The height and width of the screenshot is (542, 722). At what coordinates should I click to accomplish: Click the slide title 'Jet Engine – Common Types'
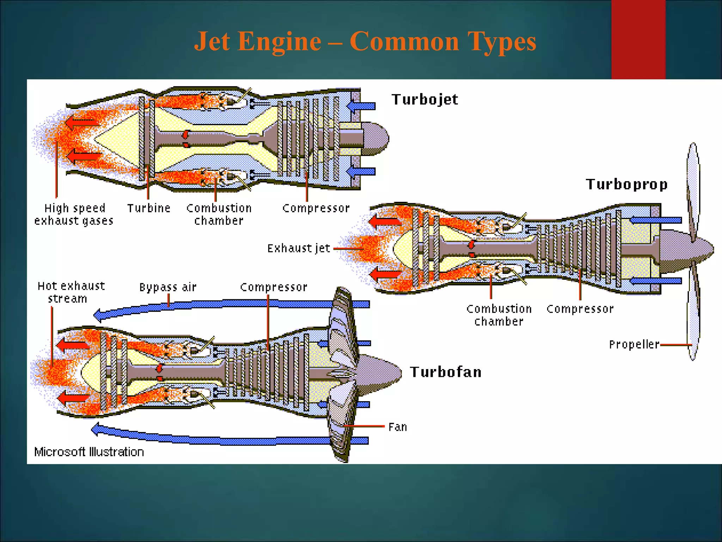tap(365, 42)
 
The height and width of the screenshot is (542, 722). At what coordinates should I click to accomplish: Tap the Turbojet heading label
tap(424, 100)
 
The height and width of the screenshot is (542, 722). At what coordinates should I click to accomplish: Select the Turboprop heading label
tap(626, 184)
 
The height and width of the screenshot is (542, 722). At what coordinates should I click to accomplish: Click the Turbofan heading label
tap(446, 372)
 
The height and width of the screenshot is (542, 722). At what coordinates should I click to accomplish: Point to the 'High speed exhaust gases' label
tap(74, 214)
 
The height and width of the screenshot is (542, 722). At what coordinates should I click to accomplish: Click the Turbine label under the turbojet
tap(149, 208)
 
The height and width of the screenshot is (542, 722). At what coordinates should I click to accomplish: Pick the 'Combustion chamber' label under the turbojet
tap(219, 214)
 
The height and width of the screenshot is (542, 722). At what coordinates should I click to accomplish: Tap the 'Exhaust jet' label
tap(299, 248)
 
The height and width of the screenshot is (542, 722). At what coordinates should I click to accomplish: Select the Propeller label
tap(634, 344)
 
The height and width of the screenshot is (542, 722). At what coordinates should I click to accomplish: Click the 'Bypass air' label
tap(168, 287)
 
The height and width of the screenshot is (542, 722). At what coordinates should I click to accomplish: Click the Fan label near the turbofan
tap(397, 427)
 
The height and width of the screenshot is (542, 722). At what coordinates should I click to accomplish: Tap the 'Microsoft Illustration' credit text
tap(89, 452)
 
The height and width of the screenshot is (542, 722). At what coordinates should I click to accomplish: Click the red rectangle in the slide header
tap(638, 39)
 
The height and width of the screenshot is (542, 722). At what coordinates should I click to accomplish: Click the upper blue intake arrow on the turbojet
tap(361, 106)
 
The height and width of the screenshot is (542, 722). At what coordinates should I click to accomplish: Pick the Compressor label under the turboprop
tap(580, 309)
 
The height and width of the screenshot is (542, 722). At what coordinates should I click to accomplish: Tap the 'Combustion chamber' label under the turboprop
tap(499, 315)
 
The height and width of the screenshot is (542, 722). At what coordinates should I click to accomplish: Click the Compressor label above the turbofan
tap(274, 287)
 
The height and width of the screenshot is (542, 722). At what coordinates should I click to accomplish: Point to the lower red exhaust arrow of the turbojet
tap(84, 156)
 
